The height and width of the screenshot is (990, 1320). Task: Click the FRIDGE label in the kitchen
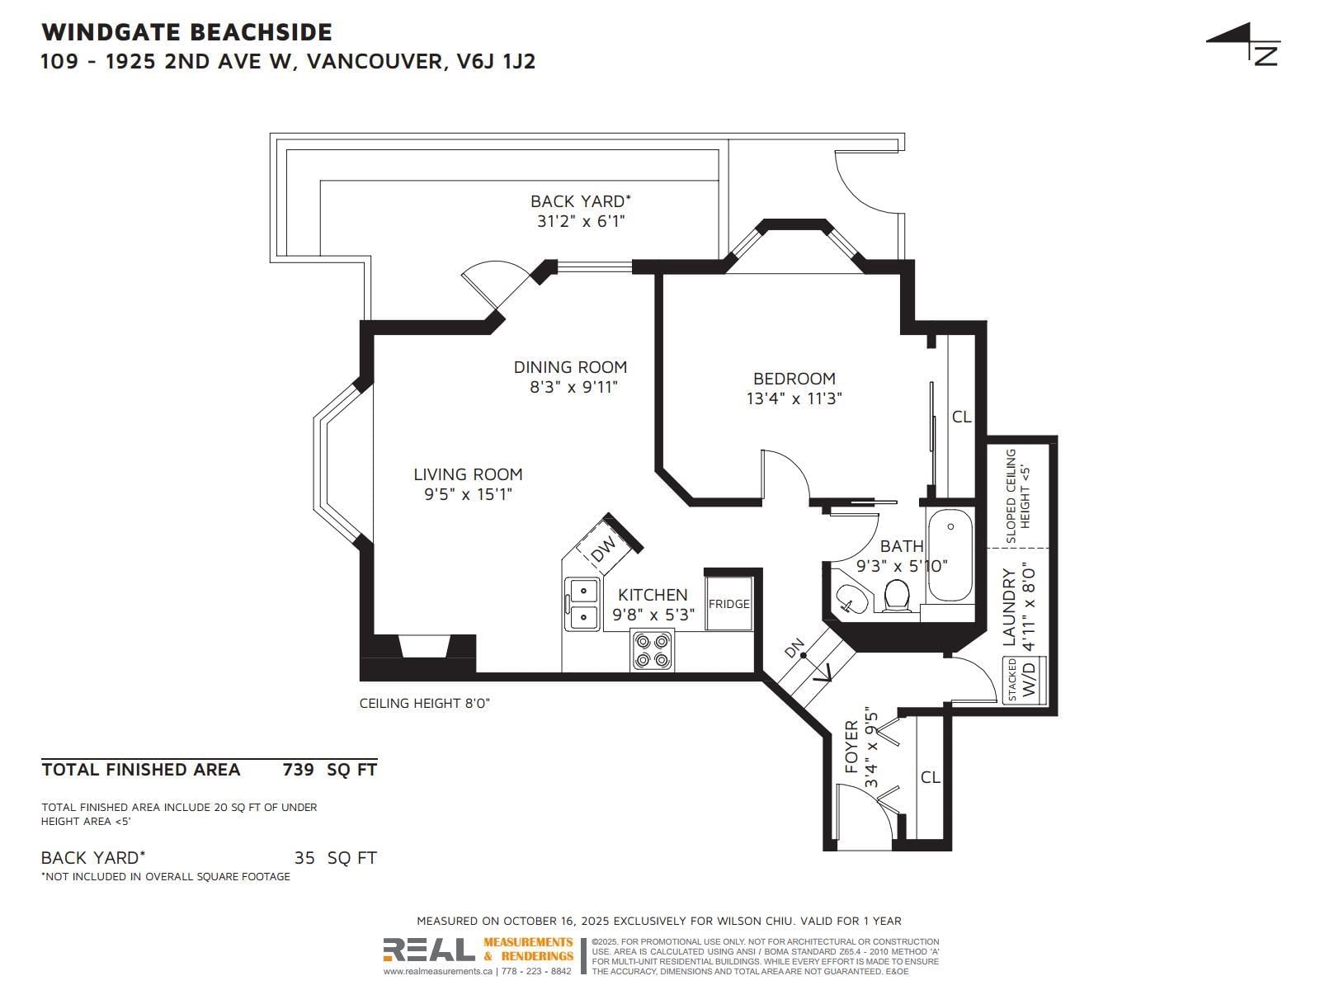(x=728, y=604)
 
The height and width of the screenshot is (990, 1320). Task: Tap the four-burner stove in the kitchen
(x=652, y=650)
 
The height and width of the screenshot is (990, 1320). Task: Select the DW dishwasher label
(x=603, y=548)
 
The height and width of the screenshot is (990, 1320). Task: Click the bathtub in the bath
(x=950, y=555)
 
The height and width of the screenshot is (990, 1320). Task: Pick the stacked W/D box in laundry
(x=1025, y=680)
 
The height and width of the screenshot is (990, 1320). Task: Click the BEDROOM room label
(x=794, y=378)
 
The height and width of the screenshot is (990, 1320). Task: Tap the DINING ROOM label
(x=570, y=366)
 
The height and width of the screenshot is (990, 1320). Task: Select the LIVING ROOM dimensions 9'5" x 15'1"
(x=468, y=494)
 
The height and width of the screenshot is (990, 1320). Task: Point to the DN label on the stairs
(x=794, y=648)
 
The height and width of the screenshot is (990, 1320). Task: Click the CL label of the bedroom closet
(x=961, y=417)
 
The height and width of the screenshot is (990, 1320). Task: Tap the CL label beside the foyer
(x=930, y=777)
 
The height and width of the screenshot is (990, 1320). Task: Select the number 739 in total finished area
(x=299, y=770)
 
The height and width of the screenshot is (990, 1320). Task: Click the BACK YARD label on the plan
(x=580, y=200)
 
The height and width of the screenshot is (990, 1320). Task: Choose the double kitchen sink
(x=582, y=604)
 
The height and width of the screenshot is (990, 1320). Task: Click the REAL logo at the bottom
(x=429, y=950)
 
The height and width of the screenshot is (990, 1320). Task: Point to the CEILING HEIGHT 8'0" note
(x=425, y=703)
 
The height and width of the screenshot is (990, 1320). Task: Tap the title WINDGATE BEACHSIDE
(x=186, y=32)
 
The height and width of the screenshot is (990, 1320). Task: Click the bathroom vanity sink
(x=850, y=599)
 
